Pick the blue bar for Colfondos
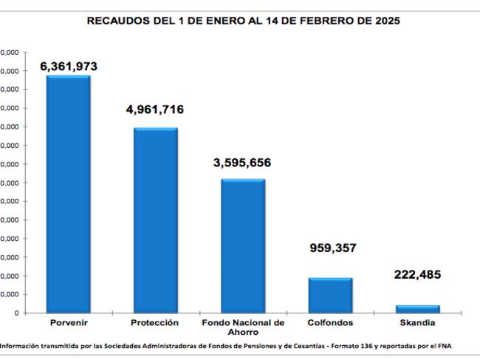330,295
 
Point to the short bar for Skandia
417,308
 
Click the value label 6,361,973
68,67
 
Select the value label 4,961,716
155,110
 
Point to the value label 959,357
332,248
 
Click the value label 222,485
417,275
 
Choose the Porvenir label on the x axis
68,323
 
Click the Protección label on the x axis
155,323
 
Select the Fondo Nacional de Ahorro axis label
243,327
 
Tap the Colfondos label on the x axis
330,323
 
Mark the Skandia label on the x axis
417,323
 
